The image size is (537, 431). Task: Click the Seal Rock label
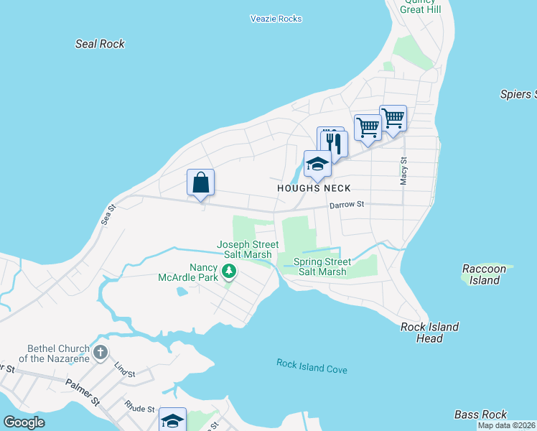(x=100, y=44)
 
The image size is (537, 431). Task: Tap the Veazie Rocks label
(x=276, y=19)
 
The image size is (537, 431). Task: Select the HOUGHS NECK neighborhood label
(x=314, y=188)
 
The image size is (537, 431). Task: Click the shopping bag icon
(x=201, y=182)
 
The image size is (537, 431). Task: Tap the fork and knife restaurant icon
(x=334, y=142)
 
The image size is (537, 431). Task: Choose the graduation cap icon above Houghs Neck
(x=317, y=164)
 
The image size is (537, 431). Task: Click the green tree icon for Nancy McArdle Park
(x=229, y=271)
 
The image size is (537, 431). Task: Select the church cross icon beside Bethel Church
(x=101, y=352)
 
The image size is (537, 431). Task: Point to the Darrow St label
(x=347, y=205)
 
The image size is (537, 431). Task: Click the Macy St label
(x=403, y=172)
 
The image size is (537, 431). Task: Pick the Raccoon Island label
(x=484, y=274)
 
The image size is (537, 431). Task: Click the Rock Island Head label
(x=429, y=333)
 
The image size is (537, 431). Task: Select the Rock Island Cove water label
(x=312, y=366)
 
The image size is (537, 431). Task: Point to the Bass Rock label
(x=480, y=414)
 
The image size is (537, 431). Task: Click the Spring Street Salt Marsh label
(x=322, y=267)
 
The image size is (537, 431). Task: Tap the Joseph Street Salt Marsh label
(x=245, y=249)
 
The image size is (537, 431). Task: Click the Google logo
(x=24, y=422)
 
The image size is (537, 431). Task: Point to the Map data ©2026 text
(x=506, y=425)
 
